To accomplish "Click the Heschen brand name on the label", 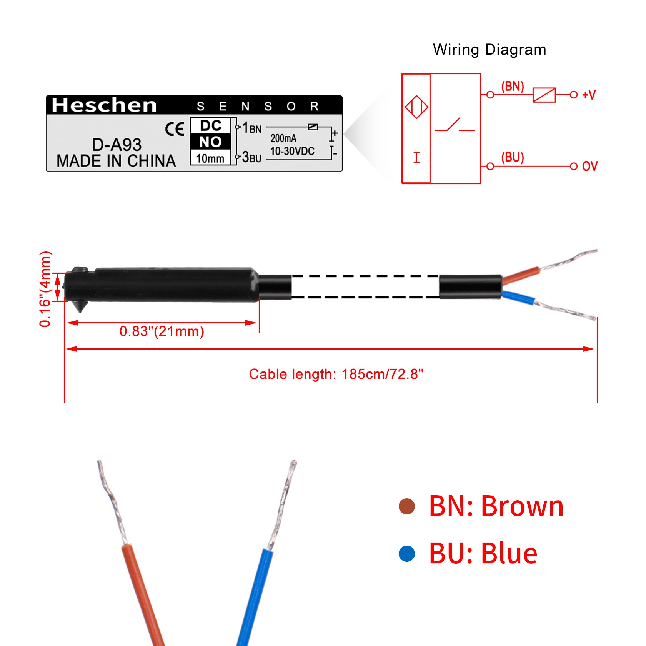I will tap(104, 105).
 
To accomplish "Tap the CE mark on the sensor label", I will tap(175, 129).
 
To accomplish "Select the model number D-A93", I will tap(117, 145).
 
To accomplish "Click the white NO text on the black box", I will tap(210, 142).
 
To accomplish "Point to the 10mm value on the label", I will tap(210, 158).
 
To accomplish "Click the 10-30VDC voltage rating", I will tap(292, 151).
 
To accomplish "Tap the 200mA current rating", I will tap(283, 138).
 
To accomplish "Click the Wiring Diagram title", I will tap(489, 50).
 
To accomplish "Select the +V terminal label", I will tap(589, 95).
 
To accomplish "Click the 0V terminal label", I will tap(590, 166).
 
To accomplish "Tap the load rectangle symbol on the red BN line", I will tap(544, 95).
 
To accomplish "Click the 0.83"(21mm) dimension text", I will tap(161, 331).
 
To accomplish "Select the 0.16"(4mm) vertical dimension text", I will tap(45, 289).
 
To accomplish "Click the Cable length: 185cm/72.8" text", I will tap(336, 374).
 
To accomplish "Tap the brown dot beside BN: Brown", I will tap(407, 506).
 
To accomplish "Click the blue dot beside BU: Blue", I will tap(407, 554).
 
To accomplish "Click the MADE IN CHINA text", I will tap(116, 161).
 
